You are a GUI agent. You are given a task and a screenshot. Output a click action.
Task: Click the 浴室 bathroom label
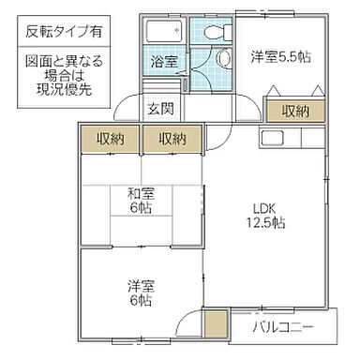click(160, 62)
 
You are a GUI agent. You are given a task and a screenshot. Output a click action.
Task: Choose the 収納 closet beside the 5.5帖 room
click(295, 111)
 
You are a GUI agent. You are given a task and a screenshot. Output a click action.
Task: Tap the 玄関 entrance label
click(160, 109)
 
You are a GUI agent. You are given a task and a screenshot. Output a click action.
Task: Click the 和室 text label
click(142, 194)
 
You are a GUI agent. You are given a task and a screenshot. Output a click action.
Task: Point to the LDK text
click(266, 209)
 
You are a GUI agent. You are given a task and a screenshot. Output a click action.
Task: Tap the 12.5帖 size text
click(266, 224)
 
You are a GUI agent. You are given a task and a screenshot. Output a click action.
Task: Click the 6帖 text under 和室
click(142, 208)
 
